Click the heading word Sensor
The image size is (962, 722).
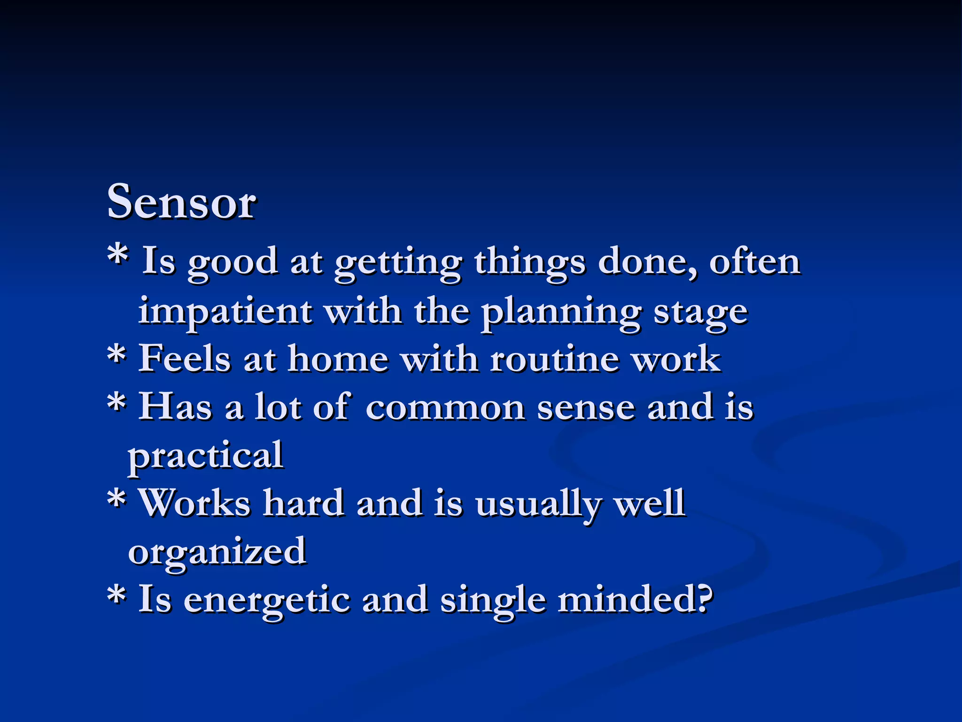click(181, 202)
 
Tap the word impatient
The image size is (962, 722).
click(225, 312)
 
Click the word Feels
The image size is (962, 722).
click(184, 359)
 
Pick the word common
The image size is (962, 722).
click(444, 407)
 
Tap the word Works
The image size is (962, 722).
click(195, 503)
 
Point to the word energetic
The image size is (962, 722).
click(267, 601)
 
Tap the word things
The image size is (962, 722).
click(529, 263)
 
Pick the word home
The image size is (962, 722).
click(338, 359)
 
